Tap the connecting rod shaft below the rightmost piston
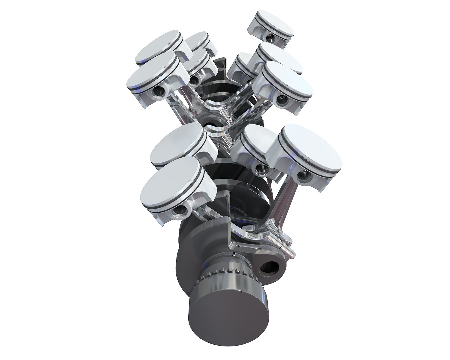[x=285, y=200]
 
